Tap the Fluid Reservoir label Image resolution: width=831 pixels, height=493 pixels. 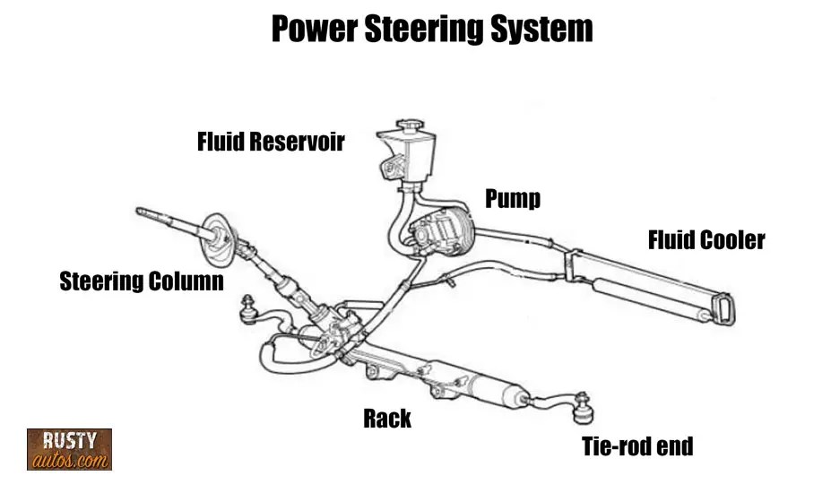(271, 142)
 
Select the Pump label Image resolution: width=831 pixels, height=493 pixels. (513, 198)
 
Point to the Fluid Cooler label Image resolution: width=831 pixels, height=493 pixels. (706, 240)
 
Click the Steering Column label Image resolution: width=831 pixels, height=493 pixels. (142, 281)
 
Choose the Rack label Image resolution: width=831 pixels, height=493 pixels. (387, 418)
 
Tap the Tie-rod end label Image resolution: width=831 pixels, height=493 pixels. (637, 445)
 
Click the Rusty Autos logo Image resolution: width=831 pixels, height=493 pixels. (69, 449)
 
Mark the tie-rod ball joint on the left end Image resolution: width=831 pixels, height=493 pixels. (247, 310)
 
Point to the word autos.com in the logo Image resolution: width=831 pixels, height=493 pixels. (69, 460)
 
